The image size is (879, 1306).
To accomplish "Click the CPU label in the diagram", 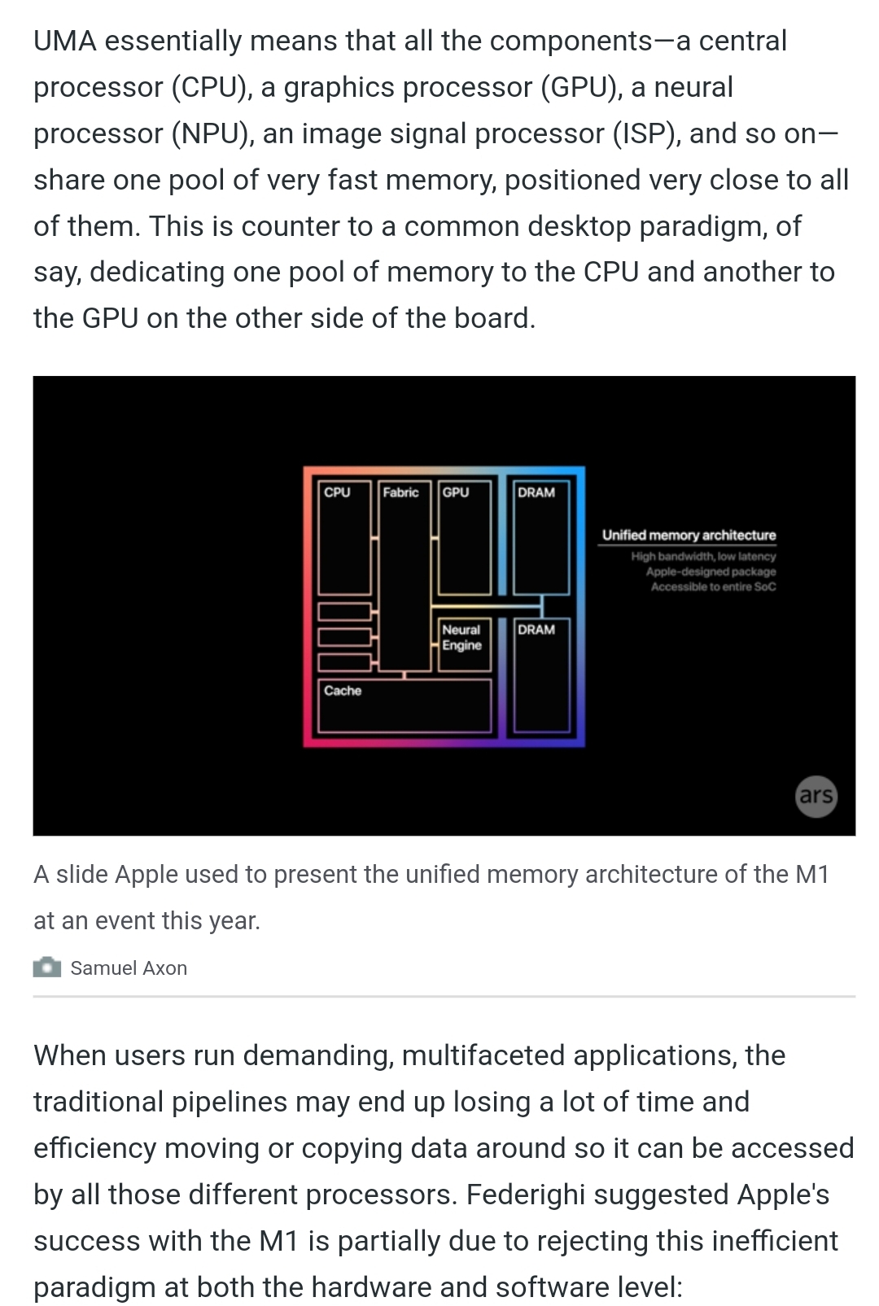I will [x=336, y=492].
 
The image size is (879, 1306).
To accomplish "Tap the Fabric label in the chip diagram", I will [x=400, y=492].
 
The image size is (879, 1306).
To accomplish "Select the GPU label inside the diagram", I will [x=455, y=492].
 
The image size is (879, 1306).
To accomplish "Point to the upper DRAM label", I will [x=536, y=492].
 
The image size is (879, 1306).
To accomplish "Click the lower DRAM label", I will [x=536, y=630].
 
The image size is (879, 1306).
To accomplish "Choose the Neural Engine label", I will [x=461, y=637].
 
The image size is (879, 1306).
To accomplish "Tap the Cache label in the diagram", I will [x=342, y=691].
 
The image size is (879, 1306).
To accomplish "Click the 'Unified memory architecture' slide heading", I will [x=689, y=535].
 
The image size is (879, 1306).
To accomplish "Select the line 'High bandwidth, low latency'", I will [x=703, y=557].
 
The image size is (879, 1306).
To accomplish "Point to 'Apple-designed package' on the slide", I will [x=711, y=571].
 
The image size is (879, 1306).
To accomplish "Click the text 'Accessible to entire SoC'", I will [x=713, y=587].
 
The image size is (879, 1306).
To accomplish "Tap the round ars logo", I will [x=816, y=795].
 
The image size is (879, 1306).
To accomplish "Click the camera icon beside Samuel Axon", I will [x=47, y=967].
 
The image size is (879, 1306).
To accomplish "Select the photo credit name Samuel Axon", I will [x=129, y=968].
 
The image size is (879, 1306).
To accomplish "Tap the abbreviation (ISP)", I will [x=646, y=133].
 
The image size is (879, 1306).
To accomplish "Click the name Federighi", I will [x=526, y=1195].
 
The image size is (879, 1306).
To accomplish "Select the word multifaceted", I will [x=482, y=1055].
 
